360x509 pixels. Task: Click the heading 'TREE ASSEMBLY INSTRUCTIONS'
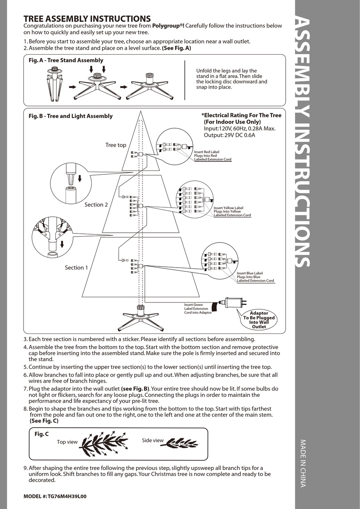coord(87,19)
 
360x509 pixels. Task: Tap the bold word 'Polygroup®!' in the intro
coord(168,26)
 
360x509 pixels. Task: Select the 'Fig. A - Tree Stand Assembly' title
coord(66,60)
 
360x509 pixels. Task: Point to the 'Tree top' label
coord(116,145)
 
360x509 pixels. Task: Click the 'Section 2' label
coord(96,205)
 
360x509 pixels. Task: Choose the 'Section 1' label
coord(76,268)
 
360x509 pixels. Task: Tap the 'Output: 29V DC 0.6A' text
coord(229,135)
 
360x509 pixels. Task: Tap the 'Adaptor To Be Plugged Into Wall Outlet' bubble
coord(259,320)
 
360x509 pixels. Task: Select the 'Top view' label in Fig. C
coord(67,442)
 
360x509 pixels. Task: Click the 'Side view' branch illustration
coord(182,443)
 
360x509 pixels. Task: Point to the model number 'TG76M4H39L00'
coord(67,496)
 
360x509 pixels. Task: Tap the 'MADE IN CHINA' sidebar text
coord(303,463)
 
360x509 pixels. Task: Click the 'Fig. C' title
coord(41,434)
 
